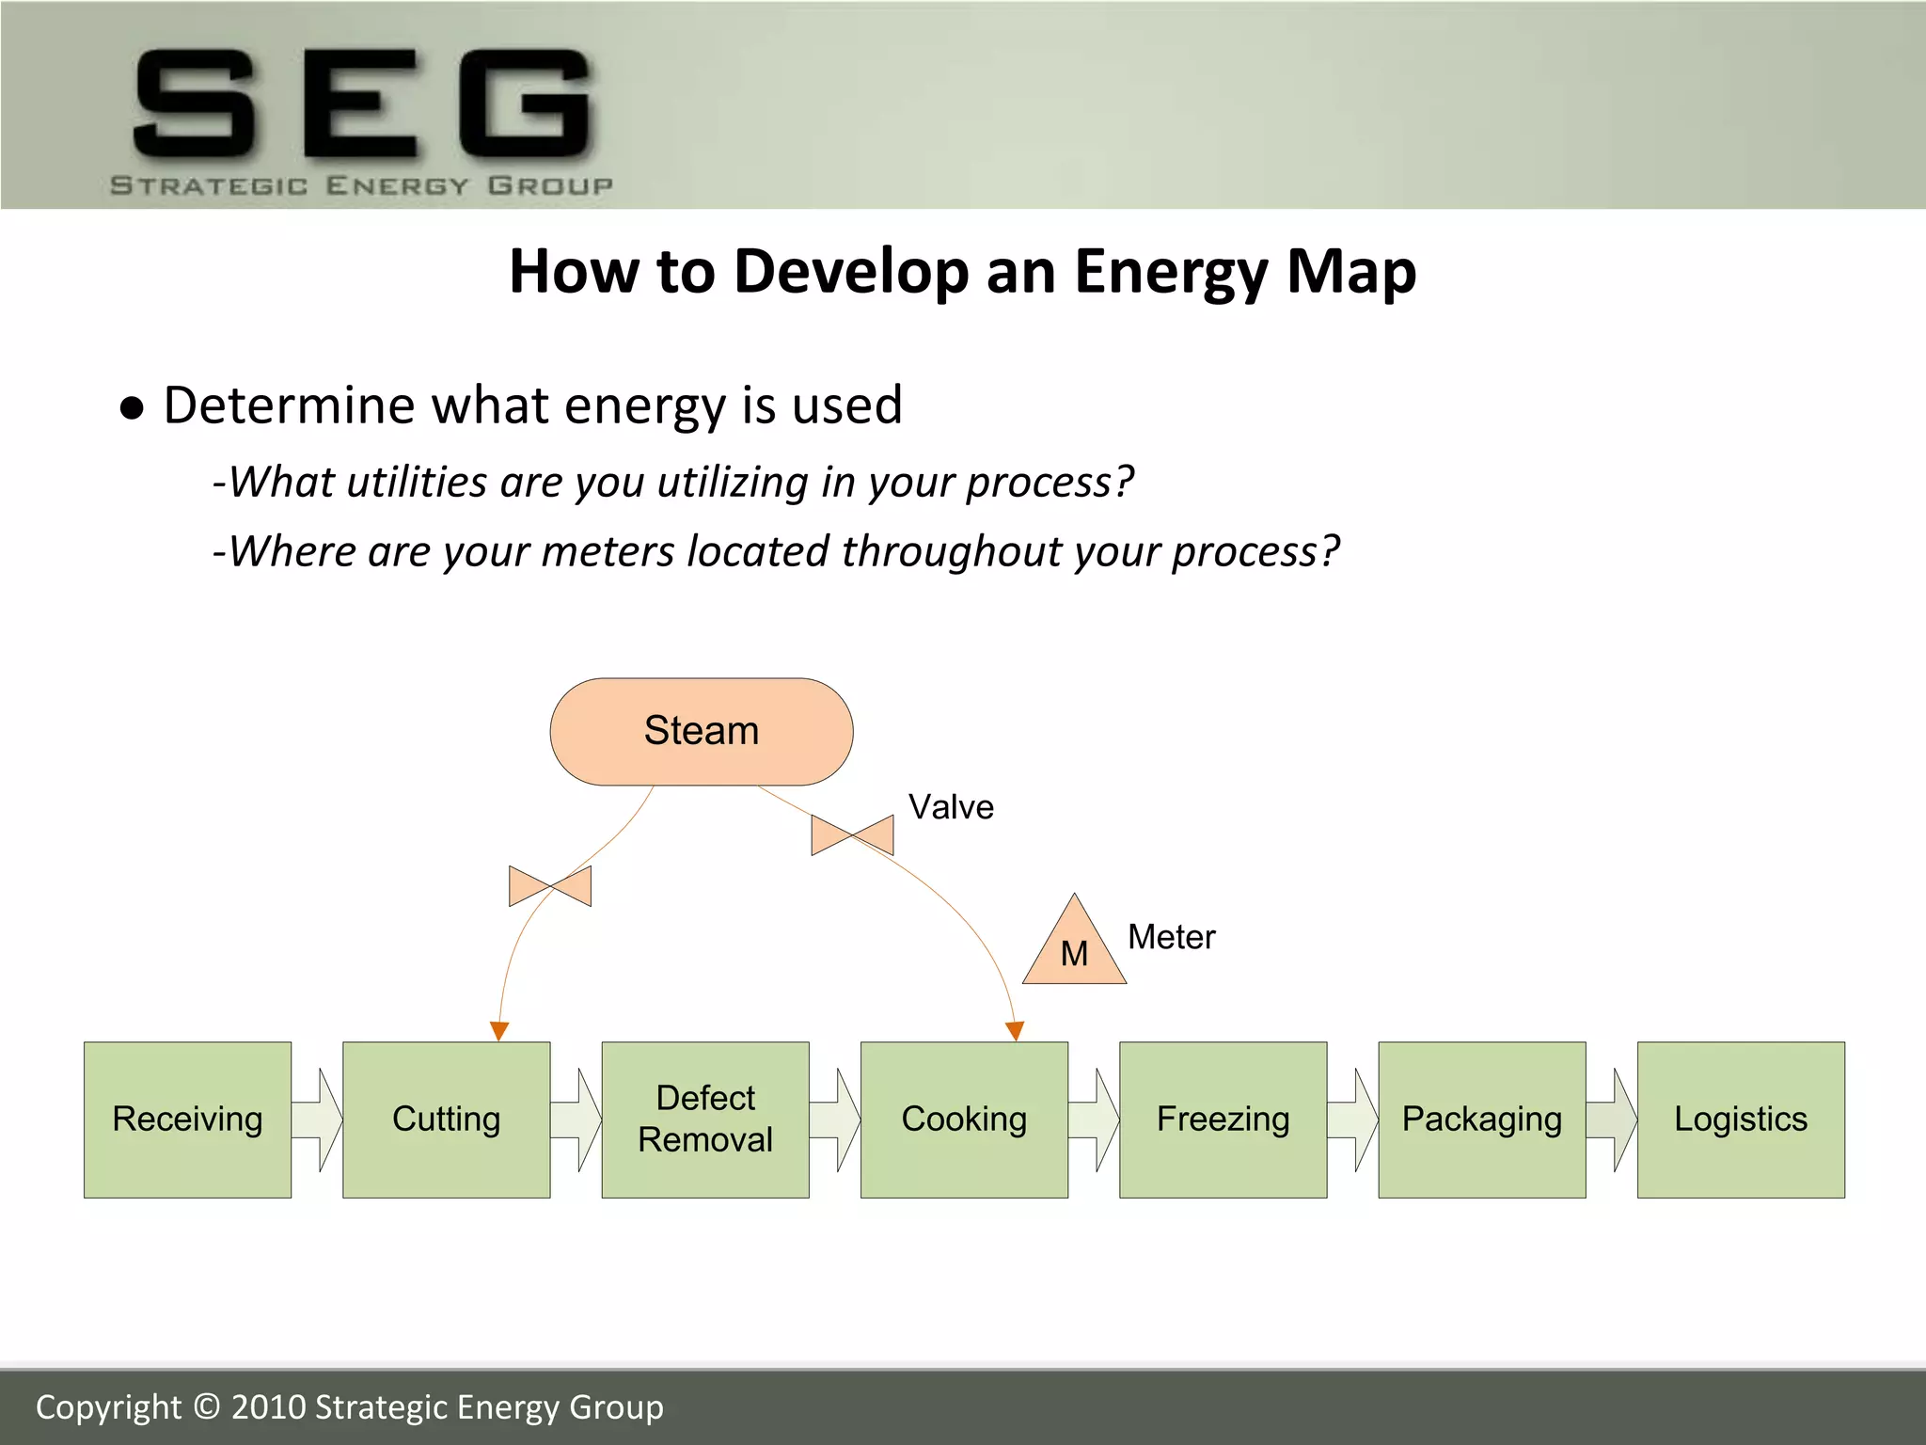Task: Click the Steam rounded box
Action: coord(701,731)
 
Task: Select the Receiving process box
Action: coord(187,1119)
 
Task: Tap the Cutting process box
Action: coord(446,1119)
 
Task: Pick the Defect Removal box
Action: coord(704,1119)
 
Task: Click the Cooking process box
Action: coord(963,1119)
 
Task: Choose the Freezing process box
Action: coord(1223,1119)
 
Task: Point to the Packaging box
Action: coord(1481,1119)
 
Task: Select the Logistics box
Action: coord(1740,1119)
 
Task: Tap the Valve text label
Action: coord(951,807)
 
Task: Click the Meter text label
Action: coord(1171,937)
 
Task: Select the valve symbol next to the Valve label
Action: coord(852,834)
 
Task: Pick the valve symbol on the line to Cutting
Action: coord(550,886)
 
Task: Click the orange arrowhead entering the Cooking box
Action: coord(1015,1031)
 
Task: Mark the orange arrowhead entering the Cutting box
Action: coord(499,1031)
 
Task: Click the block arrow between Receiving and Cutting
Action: coord(318,1119)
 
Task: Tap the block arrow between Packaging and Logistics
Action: coord(1612,1119)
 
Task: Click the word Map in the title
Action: coord(1350,272)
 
